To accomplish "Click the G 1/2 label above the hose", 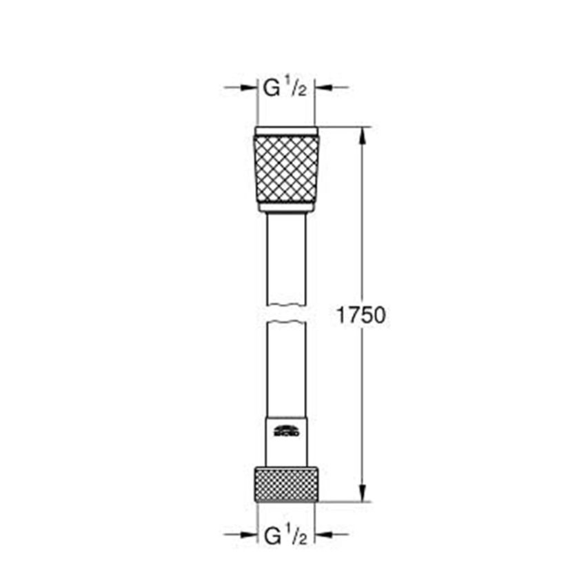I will click(285, 88).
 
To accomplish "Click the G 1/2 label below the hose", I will click(285, 534).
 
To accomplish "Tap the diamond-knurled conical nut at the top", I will click(286, 173).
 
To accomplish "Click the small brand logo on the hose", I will click(286, 432).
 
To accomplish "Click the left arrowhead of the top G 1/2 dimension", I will click(250, 88).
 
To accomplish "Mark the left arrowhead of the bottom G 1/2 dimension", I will click(250, 534).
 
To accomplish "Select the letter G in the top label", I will click(272, 88).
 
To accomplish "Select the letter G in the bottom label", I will click(272, 534).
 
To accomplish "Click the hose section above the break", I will click(286, 259).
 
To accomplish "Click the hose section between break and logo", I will click(286, 365).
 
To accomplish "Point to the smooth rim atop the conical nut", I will click(286, 131).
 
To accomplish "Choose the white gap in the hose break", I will click(286, 312).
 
